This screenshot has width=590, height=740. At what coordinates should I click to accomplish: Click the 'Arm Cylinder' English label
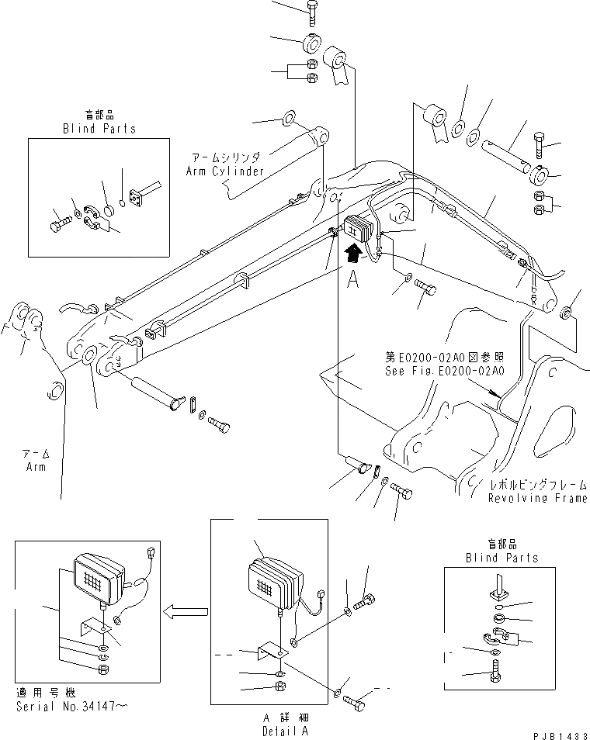point(225,171)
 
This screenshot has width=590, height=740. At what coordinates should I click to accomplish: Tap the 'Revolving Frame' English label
point(538,498)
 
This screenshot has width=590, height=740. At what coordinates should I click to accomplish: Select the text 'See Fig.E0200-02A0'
point(445,371)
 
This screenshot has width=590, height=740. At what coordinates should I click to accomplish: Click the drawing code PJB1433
point(556,732)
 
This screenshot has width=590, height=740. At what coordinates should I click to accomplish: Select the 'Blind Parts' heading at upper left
point(99,129)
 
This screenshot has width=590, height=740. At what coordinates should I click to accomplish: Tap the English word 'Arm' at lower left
point(36,467)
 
